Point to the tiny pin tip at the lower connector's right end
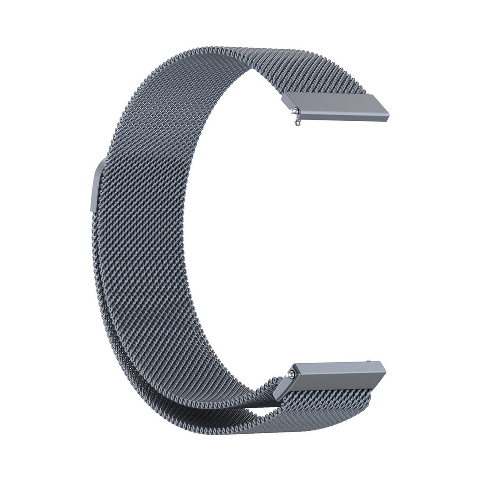tap(369, 360)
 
